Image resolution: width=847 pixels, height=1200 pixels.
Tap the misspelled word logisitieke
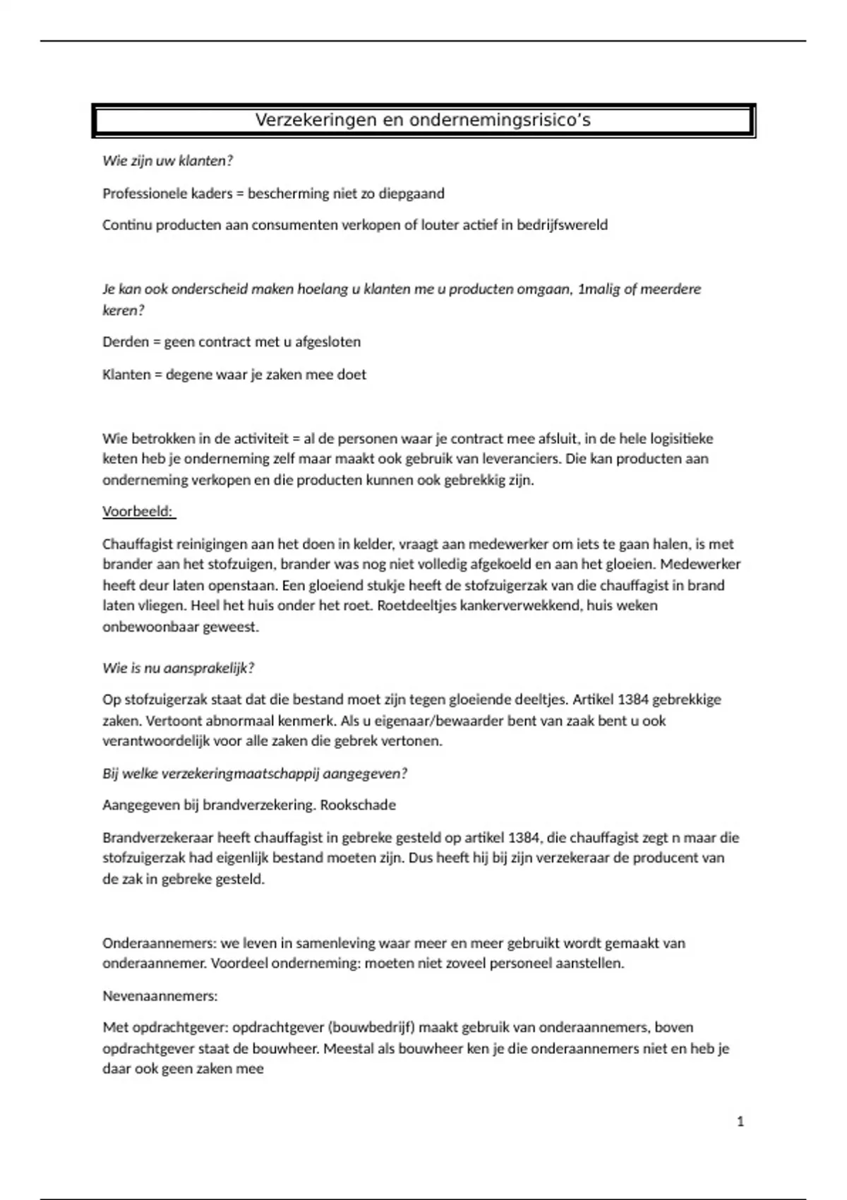click(x=682, y=439)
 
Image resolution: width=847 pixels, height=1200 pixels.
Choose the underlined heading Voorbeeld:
click(x=139, y=512)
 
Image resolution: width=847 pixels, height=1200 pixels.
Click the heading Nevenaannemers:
click(x=160, y=996)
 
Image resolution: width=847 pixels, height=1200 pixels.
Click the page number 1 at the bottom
click(x=740, y=1122)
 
